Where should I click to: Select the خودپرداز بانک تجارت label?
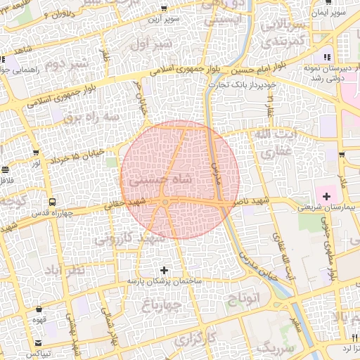click(236, 85)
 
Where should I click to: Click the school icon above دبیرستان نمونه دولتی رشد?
click(326, 58)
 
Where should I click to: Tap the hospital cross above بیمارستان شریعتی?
click(326, 194)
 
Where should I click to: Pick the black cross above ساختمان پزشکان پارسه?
click(165, 270)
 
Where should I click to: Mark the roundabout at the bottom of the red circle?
click(165, 203)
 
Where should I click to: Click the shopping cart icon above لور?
click(36, 152)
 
